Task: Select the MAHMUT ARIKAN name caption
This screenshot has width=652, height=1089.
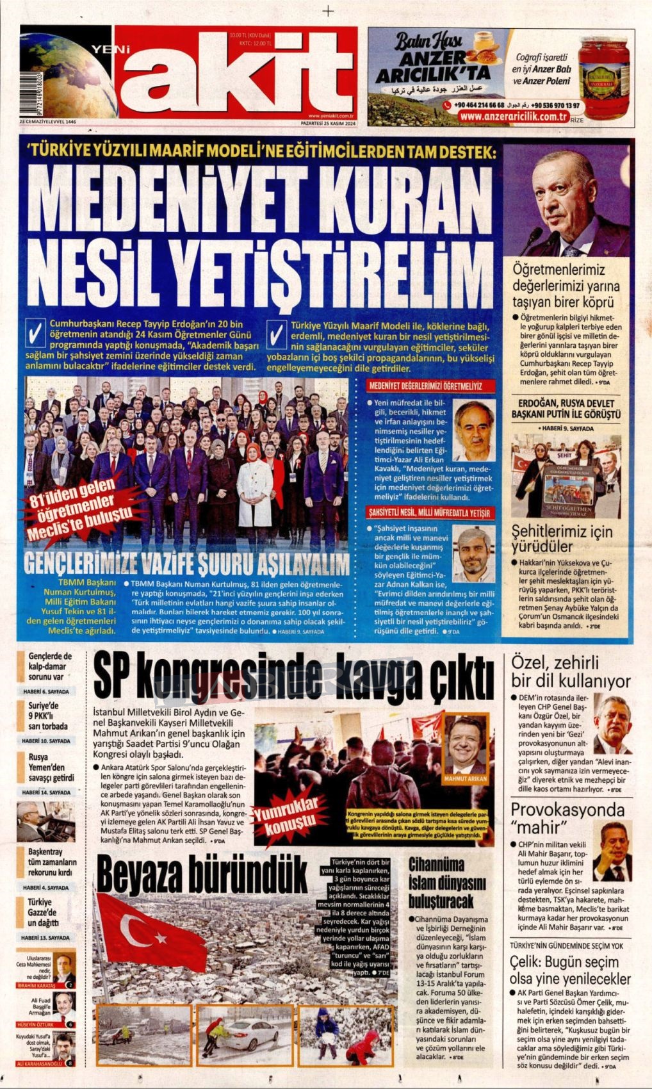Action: point(465,779)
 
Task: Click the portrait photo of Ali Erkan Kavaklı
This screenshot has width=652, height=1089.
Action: point(474,430)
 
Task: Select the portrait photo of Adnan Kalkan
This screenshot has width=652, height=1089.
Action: point(474,555)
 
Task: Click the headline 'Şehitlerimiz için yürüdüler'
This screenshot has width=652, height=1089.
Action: point(562,539)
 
